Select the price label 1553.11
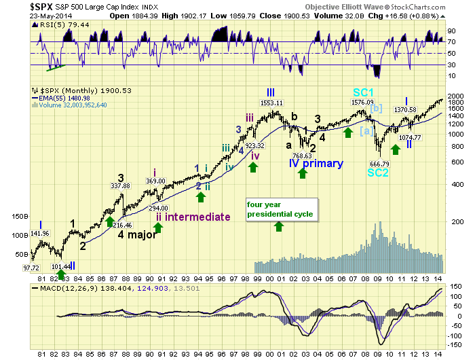click(271, 102)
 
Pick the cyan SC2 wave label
click(379, 173)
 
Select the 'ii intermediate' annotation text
click(193, 217)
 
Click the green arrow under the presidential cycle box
click(278, 225)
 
